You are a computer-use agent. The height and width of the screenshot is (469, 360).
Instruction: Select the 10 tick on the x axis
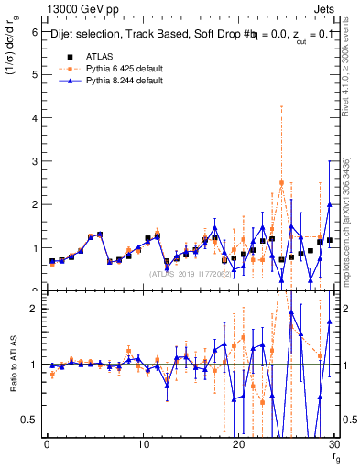click(143, 445)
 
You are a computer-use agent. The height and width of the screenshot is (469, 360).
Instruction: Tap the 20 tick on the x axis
click(239, 445)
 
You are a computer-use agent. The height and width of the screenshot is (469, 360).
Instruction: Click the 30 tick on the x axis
click(334, 445)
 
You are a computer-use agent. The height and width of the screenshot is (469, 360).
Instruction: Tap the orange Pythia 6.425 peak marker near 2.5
click(281, 183)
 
